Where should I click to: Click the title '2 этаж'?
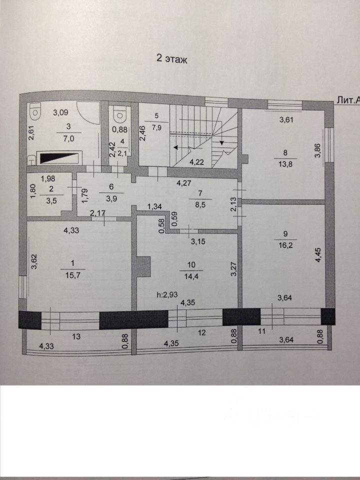click(171, 59)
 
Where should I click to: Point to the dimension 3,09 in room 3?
click(62, 112)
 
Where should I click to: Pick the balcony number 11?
click(260, 330)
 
